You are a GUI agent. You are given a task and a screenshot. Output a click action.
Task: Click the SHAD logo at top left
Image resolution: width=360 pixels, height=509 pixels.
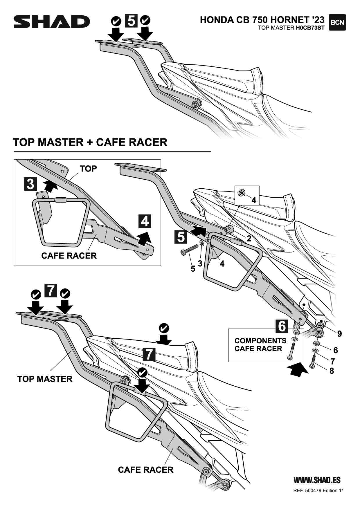pos(52,22)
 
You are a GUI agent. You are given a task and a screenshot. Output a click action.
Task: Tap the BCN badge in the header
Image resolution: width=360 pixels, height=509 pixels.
pos(337,22)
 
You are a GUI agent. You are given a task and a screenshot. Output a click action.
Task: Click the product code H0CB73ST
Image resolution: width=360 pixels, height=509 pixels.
pos(310,28)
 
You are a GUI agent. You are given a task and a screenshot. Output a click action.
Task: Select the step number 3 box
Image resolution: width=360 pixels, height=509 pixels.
pos(30,184)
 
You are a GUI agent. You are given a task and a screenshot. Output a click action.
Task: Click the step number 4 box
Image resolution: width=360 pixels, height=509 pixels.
pos(145,221)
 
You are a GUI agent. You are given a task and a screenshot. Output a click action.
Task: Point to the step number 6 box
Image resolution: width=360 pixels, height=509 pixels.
pos(282,326)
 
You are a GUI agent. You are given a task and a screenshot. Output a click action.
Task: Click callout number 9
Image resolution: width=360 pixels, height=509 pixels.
pos(339,334)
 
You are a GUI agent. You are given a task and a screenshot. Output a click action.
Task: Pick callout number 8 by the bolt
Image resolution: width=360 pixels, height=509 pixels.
pos(332,371)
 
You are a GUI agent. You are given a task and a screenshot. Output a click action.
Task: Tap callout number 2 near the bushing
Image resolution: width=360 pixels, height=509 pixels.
pos(249,239)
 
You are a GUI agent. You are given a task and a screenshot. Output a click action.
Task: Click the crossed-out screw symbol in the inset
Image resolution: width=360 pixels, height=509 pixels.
pos(241,192)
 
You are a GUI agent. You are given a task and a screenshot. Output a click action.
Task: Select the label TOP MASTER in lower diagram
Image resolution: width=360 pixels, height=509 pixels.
pos(45,379)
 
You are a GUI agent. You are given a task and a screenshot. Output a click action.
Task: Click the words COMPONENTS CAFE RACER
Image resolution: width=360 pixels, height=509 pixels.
pos(260,345)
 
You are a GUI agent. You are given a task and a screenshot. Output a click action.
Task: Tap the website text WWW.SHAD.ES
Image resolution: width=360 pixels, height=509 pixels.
pos(317,480)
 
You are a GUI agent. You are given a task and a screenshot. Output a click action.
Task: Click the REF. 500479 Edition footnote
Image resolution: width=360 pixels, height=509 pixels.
pos(318,491)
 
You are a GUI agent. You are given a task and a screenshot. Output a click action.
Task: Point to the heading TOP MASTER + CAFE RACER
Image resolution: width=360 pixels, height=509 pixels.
pos(90,142)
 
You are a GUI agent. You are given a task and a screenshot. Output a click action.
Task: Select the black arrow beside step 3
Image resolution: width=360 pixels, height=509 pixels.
pos(50,185)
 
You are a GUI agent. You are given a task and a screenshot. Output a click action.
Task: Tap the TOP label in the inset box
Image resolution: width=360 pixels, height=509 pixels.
pos(88,169)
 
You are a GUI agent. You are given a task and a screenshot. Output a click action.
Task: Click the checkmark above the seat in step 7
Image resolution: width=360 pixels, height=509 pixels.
pos(164,328)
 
